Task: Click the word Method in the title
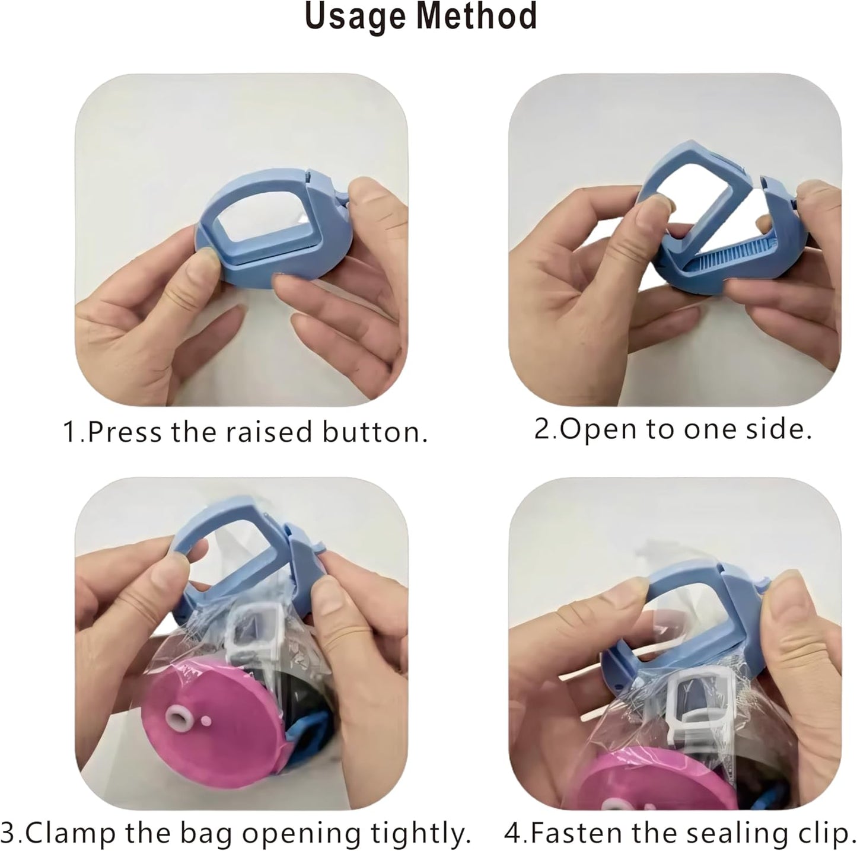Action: (x=477, y=17)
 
